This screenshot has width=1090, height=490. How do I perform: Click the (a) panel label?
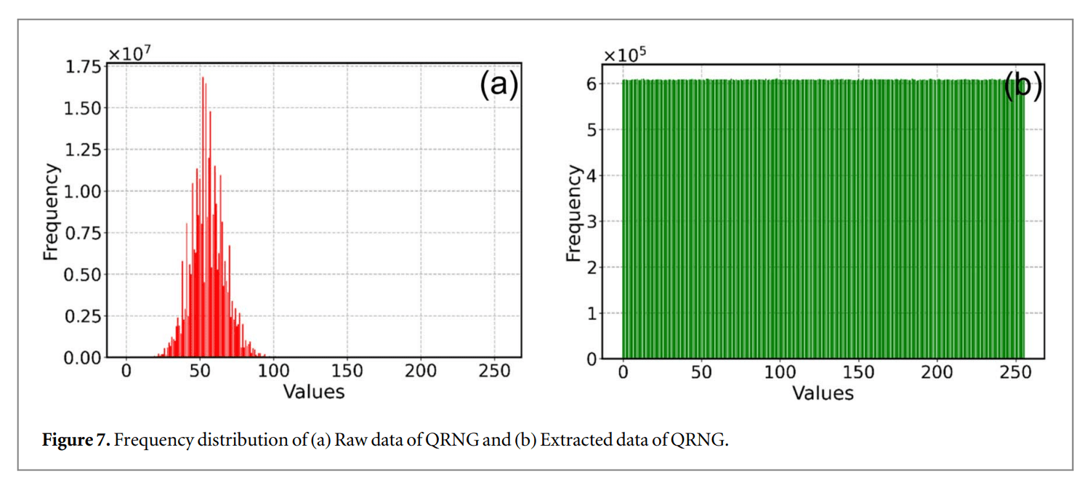498,86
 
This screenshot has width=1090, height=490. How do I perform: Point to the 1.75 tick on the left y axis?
84,67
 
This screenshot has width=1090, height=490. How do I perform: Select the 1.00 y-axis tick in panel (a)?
84,192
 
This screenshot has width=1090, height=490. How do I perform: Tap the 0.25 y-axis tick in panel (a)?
84,317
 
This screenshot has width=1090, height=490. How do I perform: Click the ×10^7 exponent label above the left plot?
129,54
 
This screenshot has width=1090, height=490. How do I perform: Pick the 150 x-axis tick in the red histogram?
347,371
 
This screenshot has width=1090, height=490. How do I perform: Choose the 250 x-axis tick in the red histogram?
493,371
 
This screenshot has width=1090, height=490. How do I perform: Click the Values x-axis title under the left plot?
313,392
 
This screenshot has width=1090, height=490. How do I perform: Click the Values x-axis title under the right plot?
823,393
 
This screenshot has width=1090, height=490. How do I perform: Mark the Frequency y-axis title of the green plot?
573,214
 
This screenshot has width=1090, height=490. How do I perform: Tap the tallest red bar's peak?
203,78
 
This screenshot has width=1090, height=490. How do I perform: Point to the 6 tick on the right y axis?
592,84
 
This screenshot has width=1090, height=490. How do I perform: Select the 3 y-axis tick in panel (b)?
592,221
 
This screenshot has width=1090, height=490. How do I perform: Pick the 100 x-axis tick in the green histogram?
780,372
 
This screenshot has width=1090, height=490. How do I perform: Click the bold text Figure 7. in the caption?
75,441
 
